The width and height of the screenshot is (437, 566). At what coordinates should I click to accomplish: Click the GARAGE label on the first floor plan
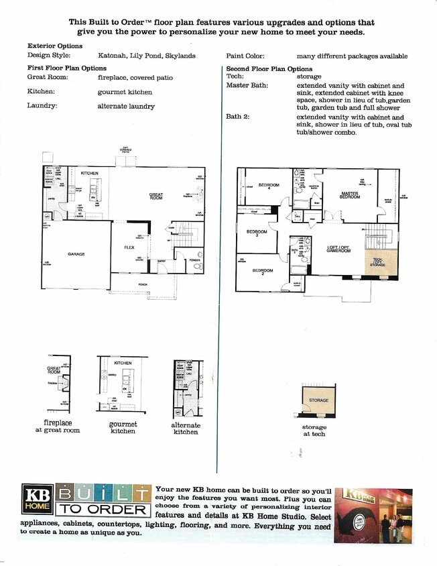point(75,254)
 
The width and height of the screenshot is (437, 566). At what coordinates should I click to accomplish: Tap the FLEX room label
point(129,247)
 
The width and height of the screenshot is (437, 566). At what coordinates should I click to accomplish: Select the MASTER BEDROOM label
point(349,195)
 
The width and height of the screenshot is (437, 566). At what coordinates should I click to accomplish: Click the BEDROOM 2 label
point(262,271)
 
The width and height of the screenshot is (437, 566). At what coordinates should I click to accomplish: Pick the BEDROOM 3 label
point(257,233)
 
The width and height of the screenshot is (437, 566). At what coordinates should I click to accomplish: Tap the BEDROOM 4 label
point(269,186)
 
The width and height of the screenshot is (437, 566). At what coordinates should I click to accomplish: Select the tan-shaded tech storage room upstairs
point(381,264)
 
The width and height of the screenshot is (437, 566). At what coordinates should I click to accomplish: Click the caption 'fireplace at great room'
point(62,427)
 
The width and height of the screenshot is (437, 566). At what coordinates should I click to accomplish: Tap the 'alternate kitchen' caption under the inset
point(186,429)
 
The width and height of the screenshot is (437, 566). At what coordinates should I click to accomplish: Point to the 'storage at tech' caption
point(314,431)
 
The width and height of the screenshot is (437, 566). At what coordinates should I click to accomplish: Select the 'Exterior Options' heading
point(55,46)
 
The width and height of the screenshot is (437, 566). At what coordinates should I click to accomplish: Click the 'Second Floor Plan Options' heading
point(269,68)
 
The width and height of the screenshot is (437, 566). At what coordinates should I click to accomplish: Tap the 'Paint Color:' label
point(245,56)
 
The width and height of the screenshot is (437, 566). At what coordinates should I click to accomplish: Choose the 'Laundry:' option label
point(42,105)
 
